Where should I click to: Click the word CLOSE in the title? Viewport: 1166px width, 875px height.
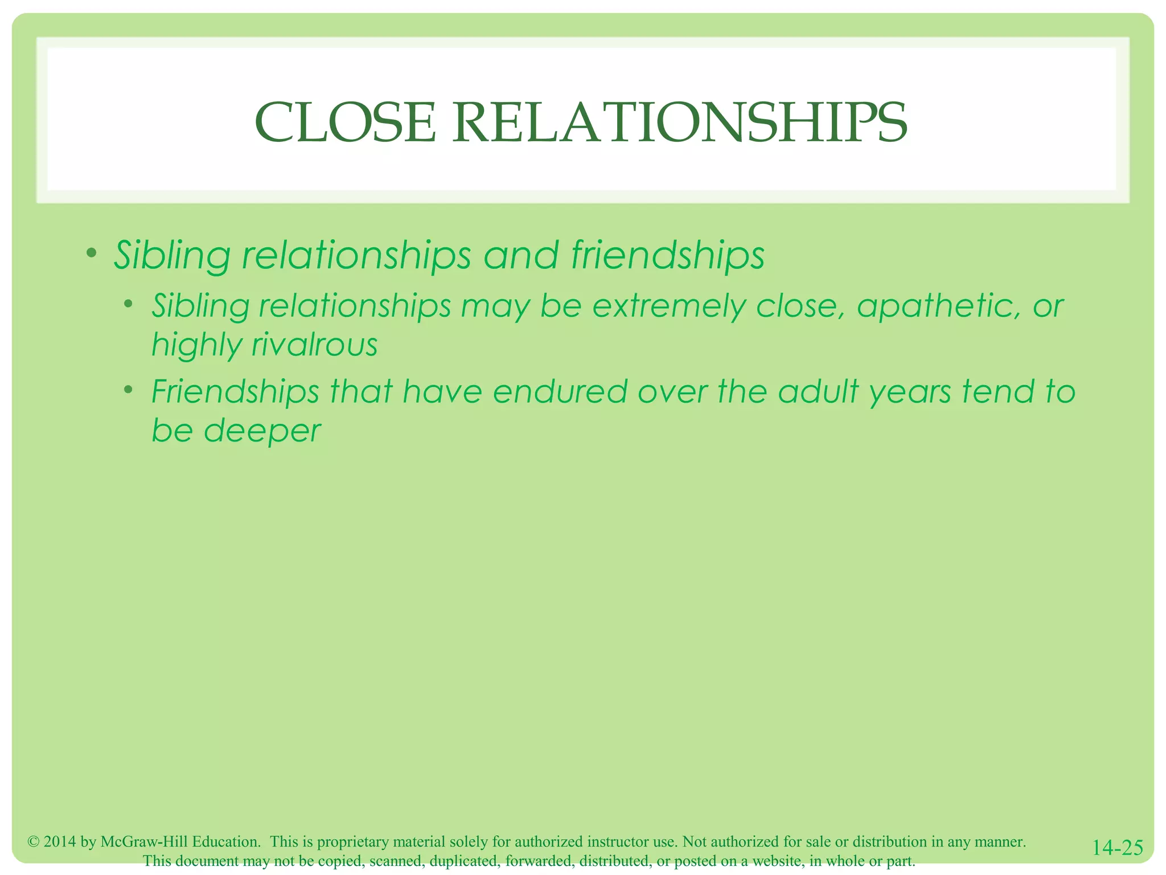(x=345, y=122)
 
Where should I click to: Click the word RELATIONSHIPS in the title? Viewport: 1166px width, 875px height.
(x=680, y=122)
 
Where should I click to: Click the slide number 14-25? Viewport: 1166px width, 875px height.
(x=1118, y=848)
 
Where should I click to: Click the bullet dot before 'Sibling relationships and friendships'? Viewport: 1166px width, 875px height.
(x=91, y=252)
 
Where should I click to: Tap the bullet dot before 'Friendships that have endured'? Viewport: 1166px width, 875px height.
(x=129, y=390)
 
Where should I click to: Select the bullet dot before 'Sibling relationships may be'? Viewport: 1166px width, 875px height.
(x=129, y=304)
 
